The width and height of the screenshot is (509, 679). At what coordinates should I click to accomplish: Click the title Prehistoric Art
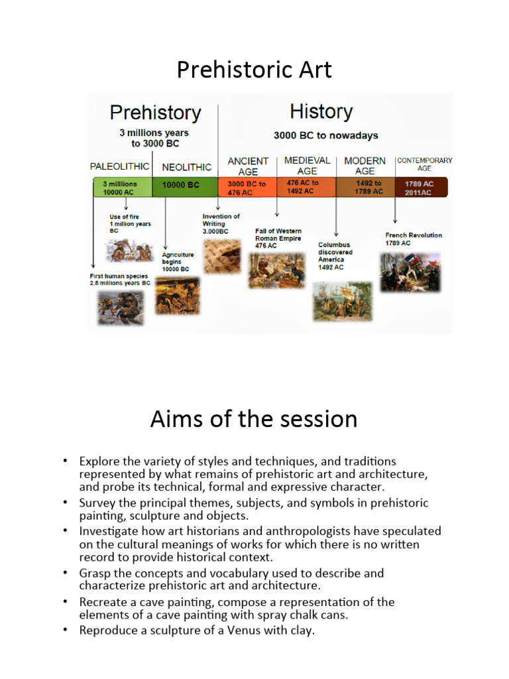click(254, 70)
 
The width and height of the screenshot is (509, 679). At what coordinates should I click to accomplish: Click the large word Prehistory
click(155, 112)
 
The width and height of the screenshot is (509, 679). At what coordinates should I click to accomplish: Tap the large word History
click(321, 111)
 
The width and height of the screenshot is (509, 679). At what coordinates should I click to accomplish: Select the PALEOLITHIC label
click(120, 166)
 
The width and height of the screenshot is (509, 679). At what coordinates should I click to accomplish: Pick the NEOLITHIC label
click(187, 167)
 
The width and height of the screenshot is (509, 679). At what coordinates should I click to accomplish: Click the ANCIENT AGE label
click(248, 166)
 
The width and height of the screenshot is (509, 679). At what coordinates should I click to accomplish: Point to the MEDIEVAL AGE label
click(307, 165)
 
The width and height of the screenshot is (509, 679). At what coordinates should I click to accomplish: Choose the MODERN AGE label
click(365, 166)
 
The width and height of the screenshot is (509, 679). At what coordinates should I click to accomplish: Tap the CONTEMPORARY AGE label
click(424, 164)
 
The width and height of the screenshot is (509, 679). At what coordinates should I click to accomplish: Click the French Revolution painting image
click(410, 272)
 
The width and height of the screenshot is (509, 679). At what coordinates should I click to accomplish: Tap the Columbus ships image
click(342, 301)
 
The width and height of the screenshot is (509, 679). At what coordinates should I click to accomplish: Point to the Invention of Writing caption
click(221, 224)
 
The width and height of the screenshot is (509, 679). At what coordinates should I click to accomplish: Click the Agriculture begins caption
click(178, 262)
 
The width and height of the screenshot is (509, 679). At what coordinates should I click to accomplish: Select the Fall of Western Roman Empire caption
click(278, 238)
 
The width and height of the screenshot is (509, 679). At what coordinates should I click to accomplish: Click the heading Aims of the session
click(254, 419)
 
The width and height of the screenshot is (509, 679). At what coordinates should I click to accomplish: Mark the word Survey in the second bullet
click(97, 503)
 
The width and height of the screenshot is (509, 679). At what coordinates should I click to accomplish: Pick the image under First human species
click(120, 307)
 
